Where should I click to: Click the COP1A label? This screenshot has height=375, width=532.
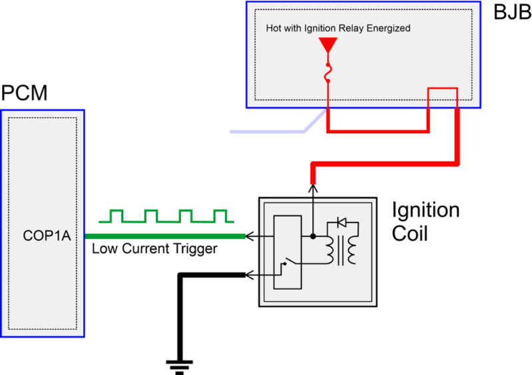[47, 236]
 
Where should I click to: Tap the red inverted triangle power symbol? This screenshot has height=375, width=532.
[328, 45]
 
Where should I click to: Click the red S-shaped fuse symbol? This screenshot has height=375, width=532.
[328, 73]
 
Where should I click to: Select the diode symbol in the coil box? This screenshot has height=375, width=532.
[342, 222]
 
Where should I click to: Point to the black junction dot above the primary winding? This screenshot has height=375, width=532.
[313, 236]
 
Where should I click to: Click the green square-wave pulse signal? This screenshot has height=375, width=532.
[166, 216]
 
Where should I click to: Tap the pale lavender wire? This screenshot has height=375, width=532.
[266, 131]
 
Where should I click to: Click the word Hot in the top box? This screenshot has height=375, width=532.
[274, 29]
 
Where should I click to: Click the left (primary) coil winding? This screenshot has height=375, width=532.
[328, 249]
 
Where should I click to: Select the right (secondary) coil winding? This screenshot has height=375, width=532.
[352, 249]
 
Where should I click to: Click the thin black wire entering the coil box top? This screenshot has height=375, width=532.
[312, 210]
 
